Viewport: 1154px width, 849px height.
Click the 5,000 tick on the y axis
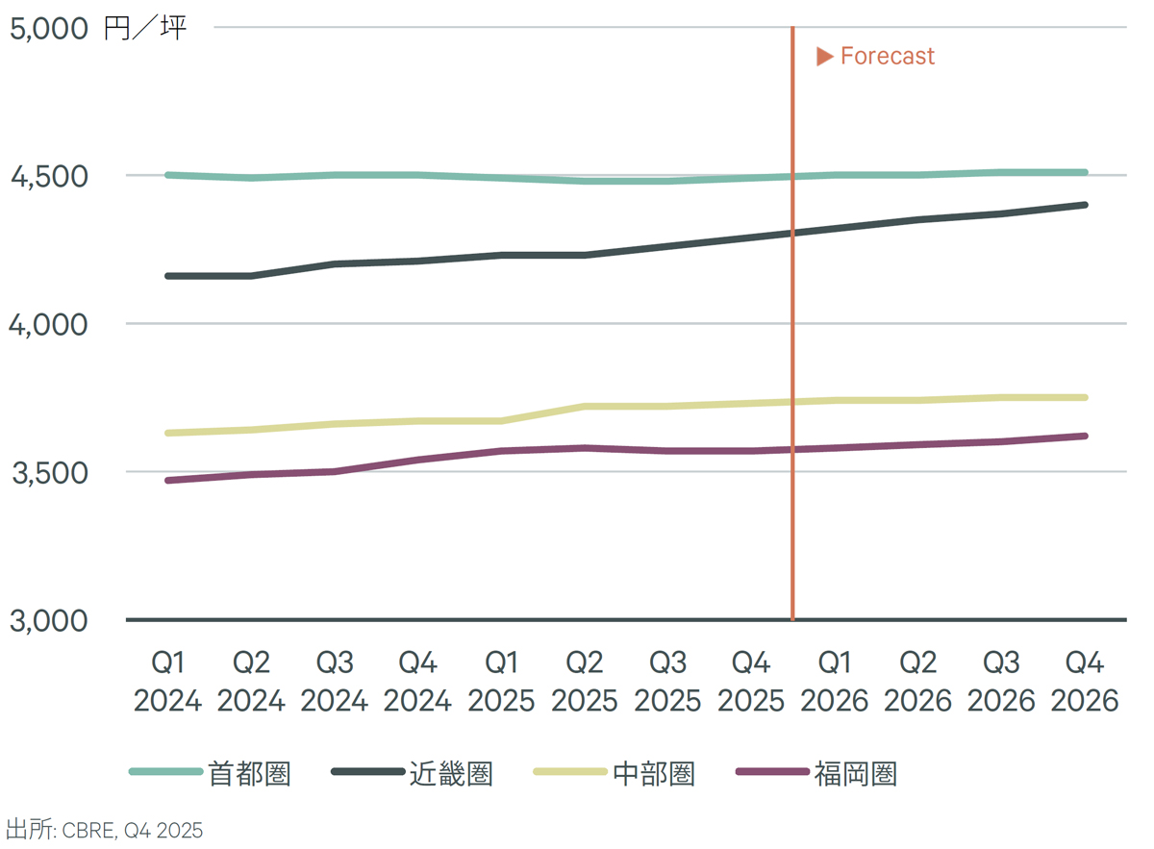coord(47,28)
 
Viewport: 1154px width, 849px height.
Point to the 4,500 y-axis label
coord(47,177)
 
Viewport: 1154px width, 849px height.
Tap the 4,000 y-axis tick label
coord(47,325)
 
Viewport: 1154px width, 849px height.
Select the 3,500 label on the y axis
coord(47,473)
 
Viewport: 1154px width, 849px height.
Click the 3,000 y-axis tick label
coord(47,621)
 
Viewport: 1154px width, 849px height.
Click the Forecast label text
coord(887,57)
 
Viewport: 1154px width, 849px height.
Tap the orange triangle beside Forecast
coord(824,57)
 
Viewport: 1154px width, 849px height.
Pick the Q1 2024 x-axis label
coord(167,682)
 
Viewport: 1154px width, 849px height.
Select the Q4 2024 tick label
coord(417,682)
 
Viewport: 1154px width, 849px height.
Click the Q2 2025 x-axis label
coord(584,682)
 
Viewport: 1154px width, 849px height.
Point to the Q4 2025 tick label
coord(751,682)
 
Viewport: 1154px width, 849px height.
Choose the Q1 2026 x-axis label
coord(834,682)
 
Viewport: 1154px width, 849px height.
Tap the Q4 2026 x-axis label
coord(1085,682)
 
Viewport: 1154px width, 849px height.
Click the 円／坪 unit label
coord(145,28)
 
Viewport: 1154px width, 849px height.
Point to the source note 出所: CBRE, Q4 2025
coord(105,830)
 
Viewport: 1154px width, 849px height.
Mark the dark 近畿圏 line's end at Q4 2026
coord(1085,205)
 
